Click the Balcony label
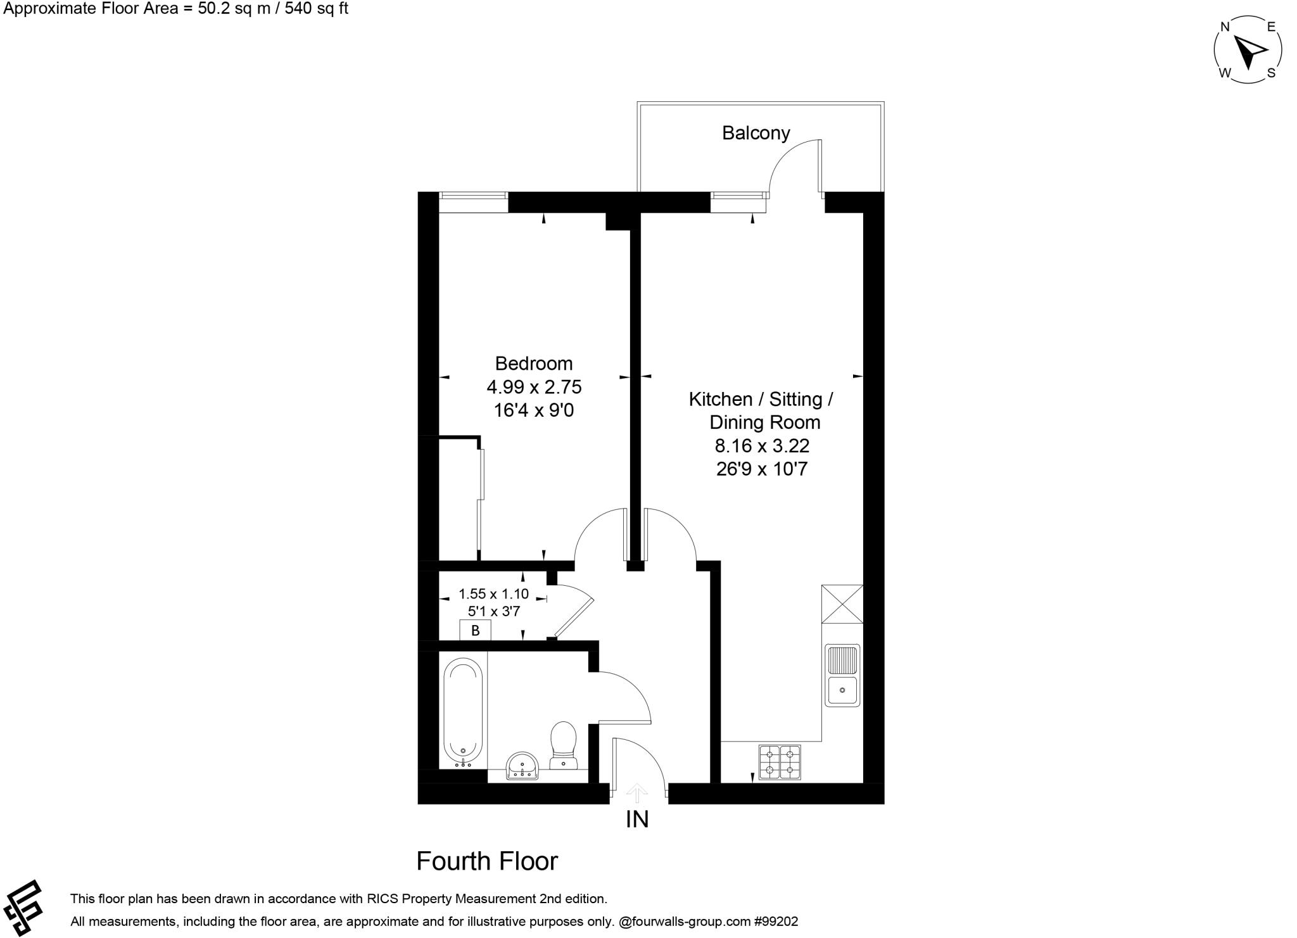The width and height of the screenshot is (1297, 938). pyautogui.click(x=756, y=133)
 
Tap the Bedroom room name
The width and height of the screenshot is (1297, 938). pyautogui.click(x=533, y=364)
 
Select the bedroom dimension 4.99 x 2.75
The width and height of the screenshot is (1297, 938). pyautogui.click(x=533, y=387)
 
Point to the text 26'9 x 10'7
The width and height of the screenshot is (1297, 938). pyautogui.click(x=762, y=469)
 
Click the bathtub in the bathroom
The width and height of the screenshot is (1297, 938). pyautogui.click(x=463, y=711)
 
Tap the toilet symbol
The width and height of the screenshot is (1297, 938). pyautogui.click(x=563, y=745)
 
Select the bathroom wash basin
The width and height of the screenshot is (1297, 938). pyautogui.click(x=522, y=766)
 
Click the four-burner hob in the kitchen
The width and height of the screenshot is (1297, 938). pyautogui.click(x=780, y=762)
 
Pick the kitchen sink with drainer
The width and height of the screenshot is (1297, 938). pyautogui.click(x=842, y=675)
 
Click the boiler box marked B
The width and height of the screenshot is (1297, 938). pyautogui.click(x=475, y=630)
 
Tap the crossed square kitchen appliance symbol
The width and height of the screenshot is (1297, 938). pyautogui.click(x=842, y=604)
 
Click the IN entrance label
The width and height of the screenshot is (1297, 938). pyautogui.click(x=637, y=820)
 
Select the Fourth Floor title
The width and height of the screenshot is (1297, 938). pyautogui.click(x=487, y=861)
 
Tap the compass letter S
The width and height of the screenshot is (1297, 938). pyautogui.click(x=1270, y=73)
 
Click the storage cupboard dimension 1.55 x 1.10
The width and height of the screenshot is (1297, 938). pyautogui.click(x=493, y=594)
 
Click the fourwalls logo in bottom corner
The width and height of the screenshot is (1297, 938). pyautogui.click(x=24, y=907)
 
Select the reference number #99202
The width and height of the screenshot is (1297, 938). pyautogui.click(x=777, y=922)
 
